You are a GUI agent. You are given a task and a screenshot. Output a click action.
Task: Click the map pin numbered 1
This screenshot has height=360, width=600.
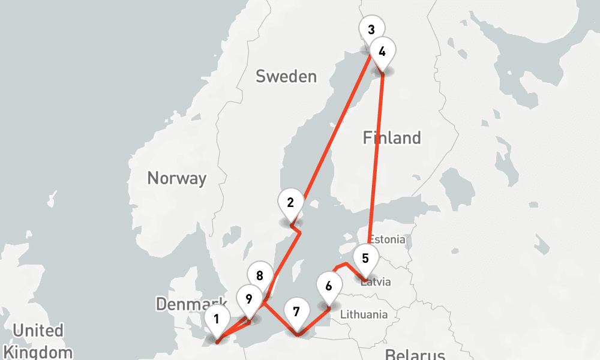pos(217,319)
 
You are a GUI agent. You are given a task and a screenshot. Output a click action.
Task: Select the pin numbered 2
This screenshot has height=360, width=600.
pos(290,202)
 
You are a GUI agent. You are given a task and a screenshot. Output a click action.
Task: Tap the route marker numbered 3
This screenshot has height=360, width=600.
pos(371,29)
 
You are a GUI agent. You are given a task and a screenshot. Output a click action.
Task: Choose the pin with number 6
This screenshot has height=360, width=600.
pos(328,286)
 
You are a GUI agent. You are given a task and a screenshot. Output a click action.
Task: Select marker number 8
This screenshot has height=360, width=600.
pos(260,276)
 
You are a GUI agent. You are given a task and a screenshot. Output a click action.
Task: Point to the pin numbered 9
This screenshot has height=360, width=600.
pos(249,298)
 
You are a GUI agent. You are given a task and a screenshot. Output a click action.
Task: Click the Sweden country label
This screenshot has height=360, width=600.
pos(286,76)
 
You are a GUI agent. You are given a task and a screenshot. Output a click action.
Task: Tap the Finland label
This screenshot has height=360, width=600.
pos(392,138)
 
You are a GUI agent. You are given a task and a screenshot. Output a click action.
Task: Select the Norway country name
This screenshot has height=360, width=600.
pos(176,178)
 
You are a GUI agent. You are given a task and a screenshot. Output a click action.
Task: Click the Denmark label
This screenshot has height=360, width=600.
pos(191,304)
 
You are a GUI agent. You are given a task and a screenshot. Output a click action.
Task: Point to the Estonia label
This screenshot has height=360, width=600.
pos(387,239)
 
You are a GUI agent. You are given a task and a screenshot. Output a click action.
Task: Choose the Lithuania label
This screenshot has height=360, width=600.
pos(364,314)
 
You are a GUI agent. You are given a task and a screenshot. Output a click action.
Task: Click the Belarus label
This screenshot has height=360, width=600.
pos(415,353)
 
